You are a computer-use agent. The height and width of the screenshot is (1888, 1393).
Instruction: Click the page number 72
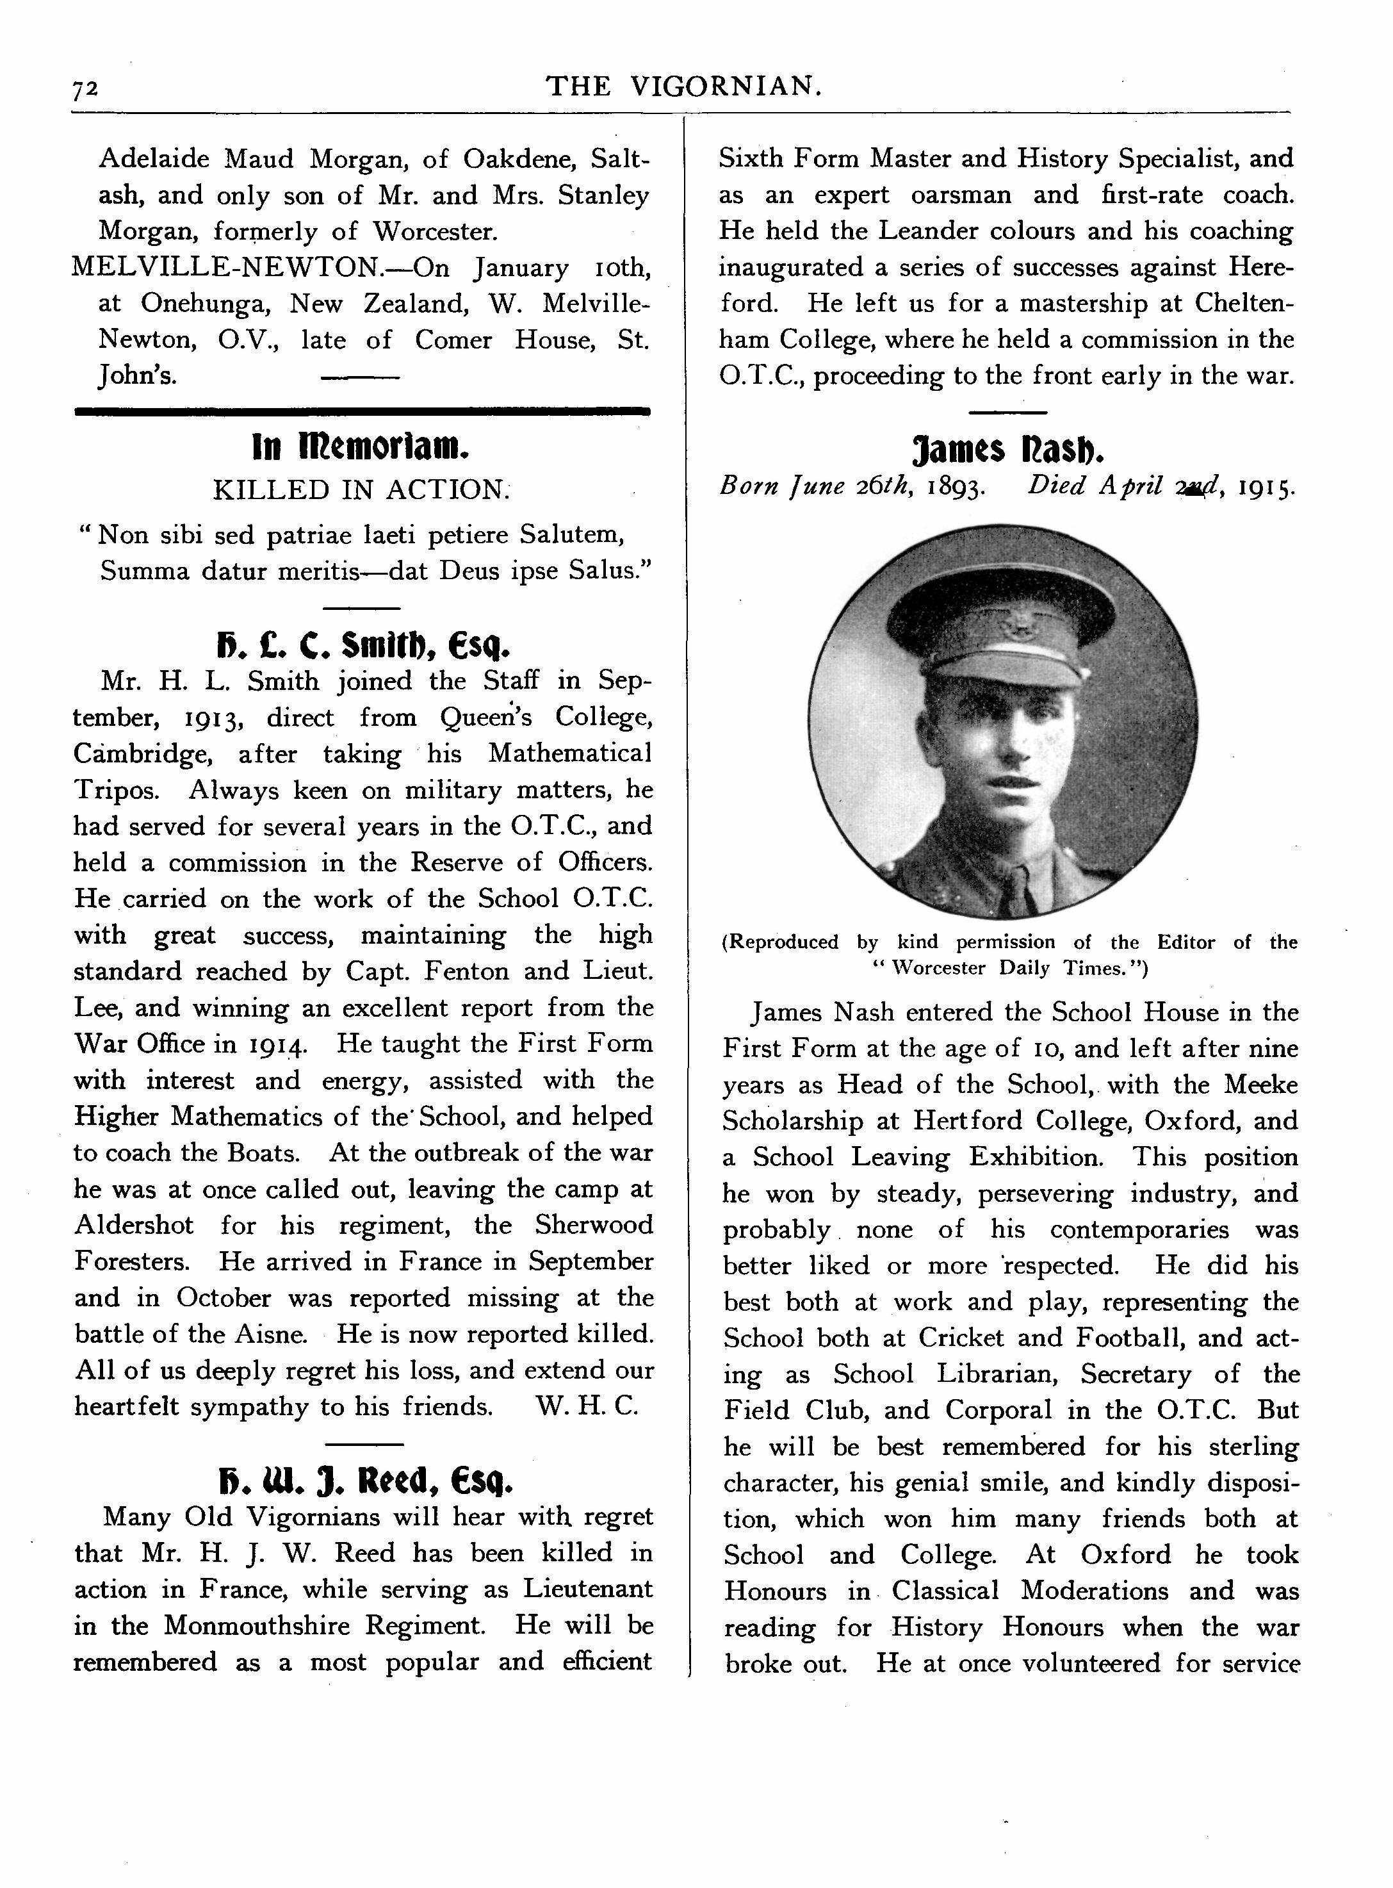tap(86, 88)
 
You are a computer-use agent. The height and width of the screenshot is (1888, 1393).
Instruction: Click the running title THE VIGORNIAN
tap(683, 85)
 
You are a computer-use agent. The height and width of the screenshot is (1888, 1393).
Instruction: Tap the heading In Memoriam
tap(360, 448)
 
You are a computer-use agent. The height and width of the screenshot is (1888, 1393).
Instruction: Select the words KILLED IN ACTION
tap(361, 490)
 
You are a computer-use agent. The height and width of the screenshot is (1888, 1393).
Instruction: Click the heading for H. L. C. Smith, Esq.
tap(363, 647)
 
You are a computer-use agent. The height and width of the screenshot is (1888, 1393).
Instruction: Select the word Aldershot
tap(134, 1225)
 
